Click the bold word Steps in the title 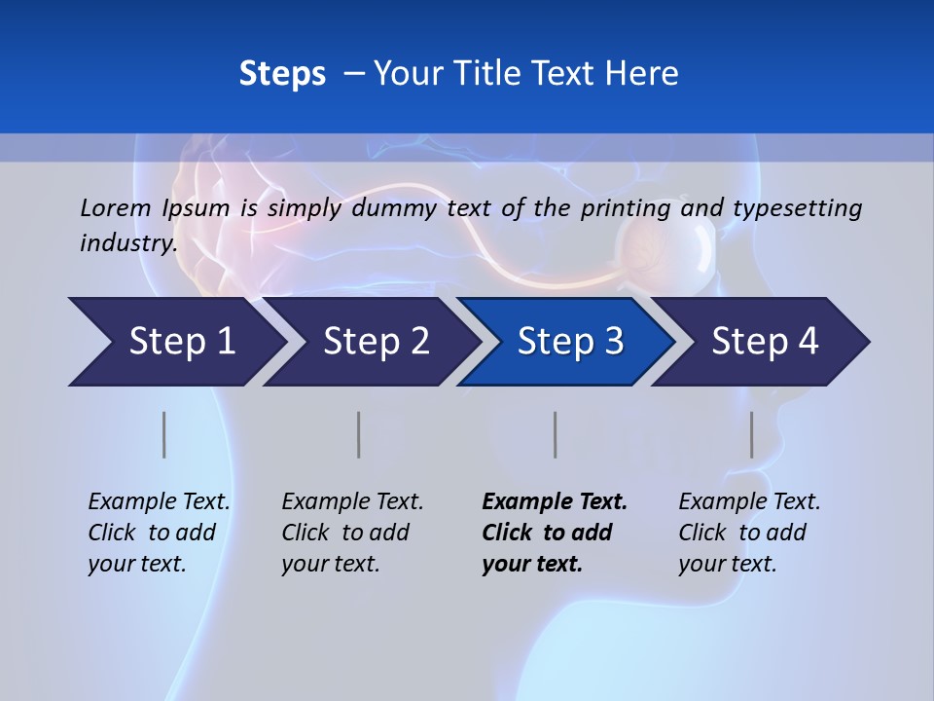(282, 74)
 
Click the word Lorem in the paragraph (116, 207)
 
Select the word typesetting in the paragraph (798, 207)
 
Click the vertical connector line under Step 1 (164, 434)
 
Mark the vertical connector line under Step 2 (359, 434)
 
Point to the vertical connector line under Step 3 (555, 434)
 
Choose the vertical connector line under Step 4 (752, 434)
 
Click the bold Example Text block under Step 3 (555, 533)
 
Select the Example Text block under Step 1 (159, 533)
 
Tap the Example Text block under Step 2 (352, 533)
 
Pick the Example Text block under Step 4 (749, 533)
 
